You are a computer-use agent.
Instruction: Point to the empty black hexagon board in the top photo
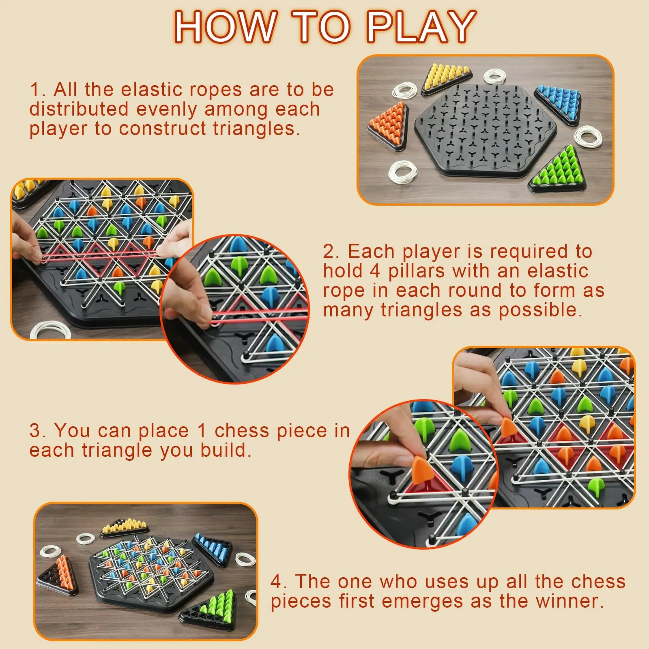point(485,130)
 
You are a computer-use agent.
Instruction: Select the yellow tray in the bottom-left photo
point(124,527)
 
